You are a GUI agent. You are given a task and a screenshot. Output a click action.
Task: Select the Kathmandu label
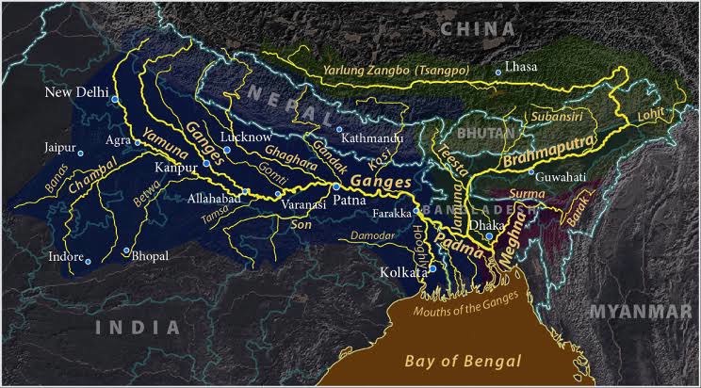pyautogui.click(x=373, y=138)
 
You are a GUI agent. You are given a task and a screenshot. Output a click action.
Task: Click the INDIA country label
pyautogui.click(x=137, y=328)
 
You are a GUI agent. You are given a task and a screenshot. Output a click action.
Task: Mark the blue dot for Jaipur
pyautogui.click(x=81, y=153)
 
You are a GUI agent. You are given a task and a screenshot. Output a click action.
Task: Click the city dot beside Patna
pyautogui.click(x=336, y=187)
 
